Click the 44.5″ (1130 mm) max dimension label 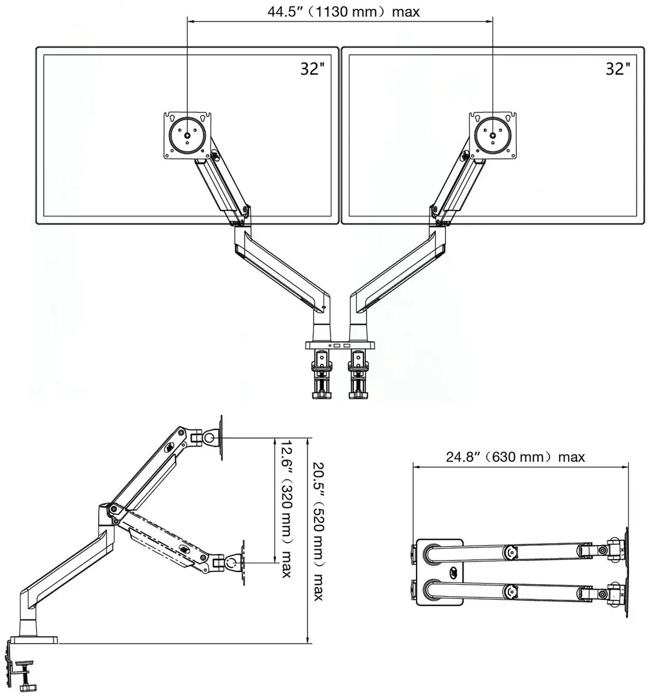click(x=343, y=11)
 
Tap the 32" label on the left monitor click(x=312, y=69)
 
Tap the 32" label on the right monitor click(x=618, y=69)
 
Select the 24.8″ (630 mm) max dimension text click(x=515, y=457)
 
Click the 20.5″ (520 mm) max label click(x=319, y=532)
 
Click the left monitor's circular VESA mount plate click(x=187, y=135)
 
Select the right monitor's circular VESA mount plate click(x=493, y=135)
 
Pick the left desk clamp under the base click(x=322, y=374)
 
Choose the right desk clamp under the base click(x=358, y=374)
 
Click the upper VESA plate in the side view click(x=221, y=438)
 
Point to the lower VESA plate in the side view click(x=243, y=562)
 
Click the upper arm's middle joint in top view click(x=510, y=552)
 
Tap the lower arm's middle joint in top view click(x=510, y=592)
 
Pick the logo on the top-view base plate click(x=453, y=572)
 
